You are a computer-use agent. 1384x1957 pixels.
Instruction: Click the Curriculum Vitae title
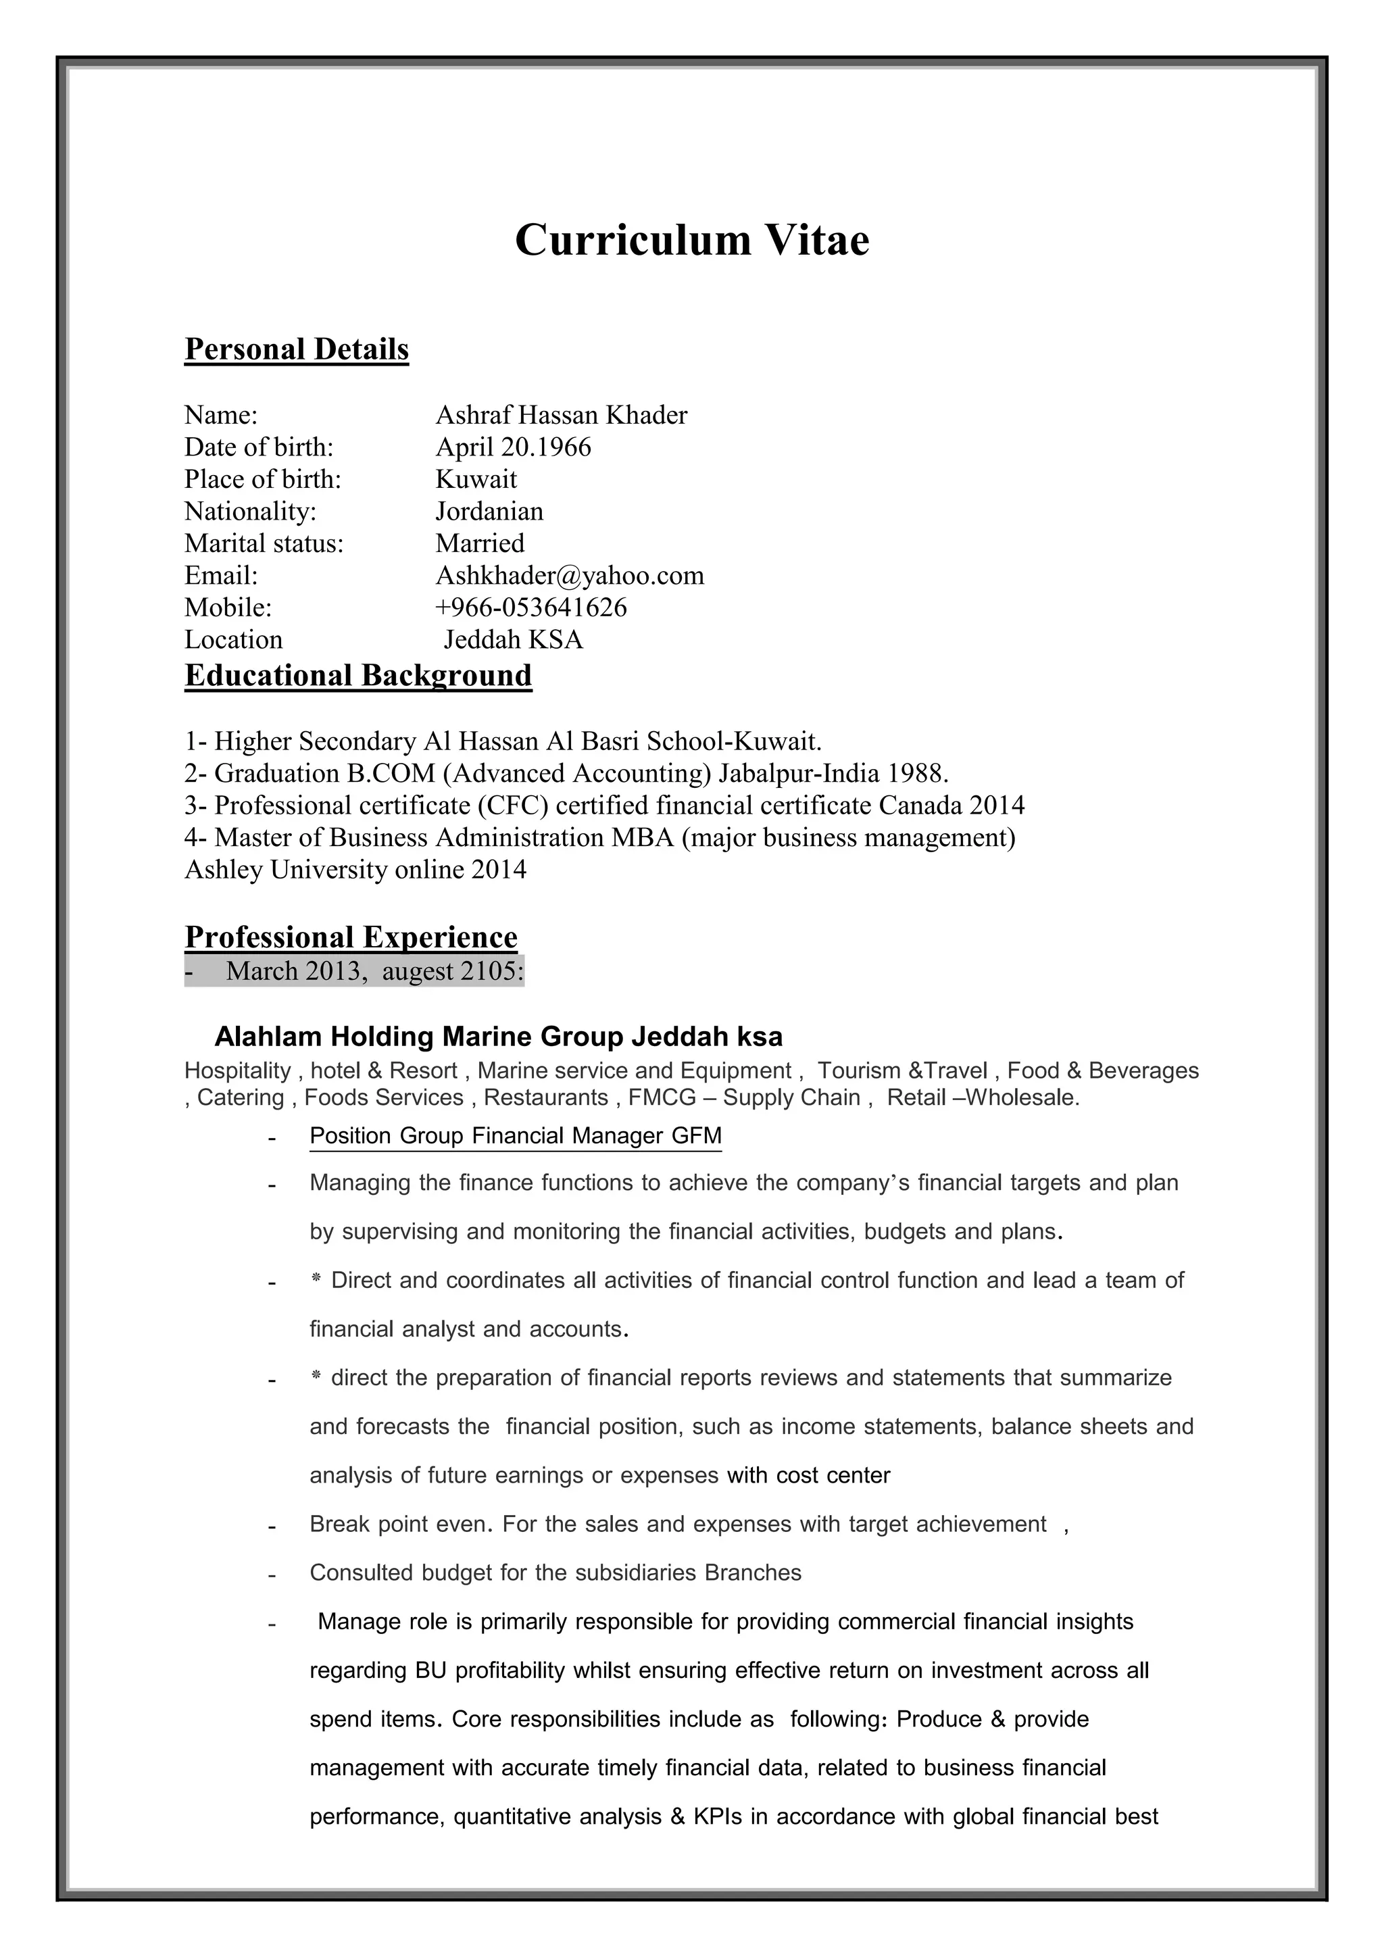click(691, 239)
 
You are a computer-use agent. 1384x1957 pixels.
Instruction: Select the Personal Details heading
click(297, 349)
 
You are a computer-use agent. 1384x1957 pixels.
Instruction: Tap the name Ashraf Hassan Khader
click(561, 415)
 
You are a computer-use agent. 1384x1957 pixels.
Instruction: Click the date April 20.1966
click(513, 447)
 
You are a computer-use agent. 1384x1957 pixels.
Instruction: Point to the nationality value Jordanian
click(489, 512)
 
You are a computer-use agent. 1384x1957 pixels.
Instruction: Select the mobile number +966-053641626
click(531, 608)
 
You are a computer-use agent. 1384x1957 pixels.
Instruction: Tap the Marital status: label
click(264, 544)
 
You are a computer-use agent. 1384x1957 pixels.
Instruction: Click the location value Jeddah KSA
click(514, 640)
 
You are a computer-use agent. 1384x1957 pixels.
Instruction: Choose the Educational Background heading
click(358, 676)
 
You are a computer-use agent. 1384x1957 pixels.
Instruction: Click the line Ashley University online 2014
click(355, 870)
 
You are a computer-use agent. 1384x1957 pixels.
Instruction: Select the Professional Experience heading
click(351, 937)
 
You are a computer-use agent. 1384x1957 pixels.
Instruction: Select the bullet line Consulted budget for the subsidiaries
click(555, 1572)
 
